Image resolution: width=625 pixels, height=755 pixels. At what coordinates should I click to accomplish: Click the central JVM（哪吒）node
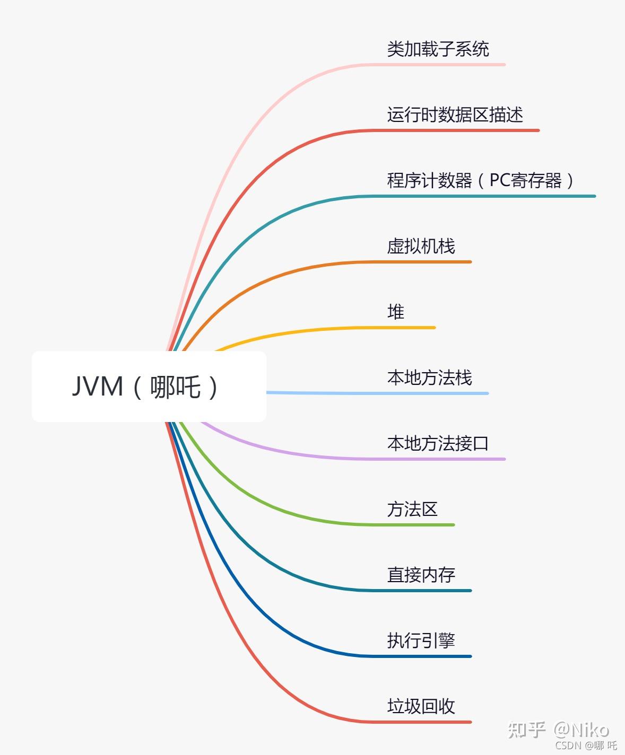pos(149,387)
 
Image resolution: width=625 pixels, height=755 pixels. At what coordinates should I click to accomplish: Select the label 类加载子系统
pos(438,49)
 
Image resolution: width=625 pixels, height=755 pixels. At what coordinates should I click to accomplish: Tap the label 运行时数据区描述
pos(455,115)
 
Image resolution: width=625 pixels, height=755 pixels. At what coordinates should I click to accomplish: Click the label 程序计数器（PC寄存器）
pos(481,181)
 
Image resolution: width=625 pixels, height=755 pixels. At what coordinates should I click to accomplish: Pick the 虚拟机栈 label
pos(421,247)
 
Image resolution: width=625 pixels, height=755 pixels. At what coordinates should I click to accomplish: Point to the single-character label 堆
pos(396,312)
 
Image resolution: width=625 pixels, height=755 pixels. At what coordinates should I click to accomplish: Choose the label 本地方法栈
pos(429,378)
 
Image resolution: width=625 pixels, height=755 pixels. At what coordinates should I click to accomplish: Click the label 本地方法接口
pos(438,443)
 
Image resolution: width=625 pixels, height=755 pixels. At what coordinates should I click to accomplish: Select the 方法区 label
pos(412,510)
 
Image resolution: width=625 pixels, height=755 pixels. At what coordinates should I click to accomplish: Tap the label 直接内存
pos(421,575)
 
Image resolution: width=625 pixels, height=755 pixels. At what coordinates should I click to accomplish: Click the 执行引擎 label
pos(421,640)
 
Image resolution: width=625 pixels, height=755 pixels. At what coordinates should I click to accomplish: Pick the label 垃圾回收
pos(421,706)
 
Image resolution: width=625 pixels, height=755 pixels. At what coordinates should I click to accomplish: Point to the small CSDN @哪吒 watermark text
pos(586,745)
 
